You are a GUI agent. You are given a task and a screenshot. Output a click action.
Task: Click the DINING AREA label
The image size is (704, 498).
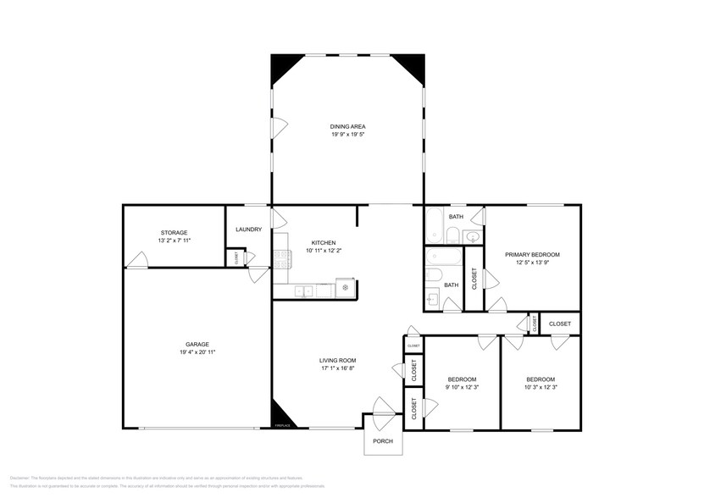click(348, 126)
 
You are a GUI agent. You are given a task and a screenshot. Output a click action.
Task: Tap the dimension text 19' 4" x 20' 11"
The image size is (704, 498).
click(197, 351)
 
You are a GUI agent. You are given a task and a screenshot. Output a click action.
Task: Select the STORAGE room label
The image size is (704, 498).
click(174, 232)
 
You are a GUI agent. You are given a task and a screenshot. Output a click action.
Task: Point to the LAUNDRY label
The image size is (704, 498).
click(248, 228)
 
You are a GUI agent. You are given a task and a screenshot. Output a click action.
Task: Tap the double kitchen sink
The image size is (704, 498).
click(304, 291)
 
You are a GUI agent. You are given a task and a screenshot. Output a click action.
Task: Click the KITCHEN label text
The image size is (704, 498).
click(323, 242)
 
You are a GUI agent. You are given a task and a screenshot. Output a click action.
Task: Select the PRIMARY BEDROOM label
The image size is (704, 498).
click(532, 254)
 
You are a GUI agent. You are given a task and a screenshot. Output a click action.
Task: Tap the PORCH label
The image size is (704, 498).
click(381, 441)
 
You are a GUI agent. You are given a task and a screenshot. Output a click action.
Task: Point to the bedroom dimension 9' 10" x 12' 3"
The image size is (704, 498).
click(462, 386)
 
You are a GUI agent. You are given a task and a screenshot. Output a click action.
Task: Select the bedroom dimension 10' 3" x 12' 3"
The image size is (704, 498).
click(540, 386)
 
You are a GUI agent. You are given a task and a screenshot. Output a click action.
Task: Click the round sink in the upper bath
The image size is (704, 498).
click(473, 237)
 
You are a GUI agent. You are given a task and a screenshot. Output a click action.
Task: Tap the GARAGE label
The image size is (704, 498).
click(197, 344)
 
